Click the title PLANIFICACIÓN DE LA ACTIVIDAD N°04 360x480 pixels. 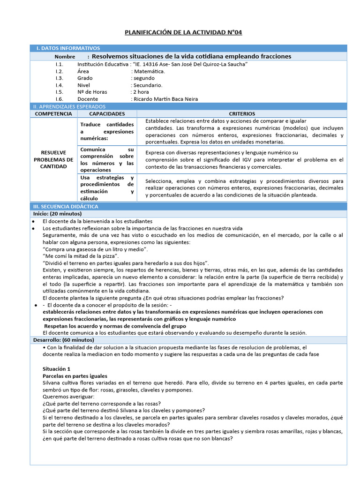(183, 32)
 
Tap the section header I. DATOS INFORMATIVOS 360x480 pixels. (68, 48)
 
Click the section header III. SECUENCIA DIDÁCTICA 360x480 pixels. (65, 206)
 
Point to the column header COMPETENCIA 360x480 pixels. (53, 114)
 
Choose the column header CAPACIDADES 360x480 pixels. (107, 114)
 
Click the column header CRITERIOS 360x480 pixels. (242, 114)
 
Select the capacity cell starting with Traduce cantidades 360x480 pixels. (107, 131)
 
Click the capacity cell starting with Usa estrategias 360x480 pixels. (107, 188)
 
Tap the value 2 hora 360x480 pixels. (141, 92)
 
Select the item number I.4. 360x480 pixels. (59, 85)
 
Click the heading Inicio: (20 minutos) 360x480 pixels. (59, 214)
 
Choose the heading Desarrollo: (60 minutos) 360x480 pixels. (63, 340)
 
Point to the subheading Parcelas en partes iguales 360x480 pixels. (75, 376)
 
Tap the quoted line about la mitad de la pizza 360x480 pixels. (81, 256)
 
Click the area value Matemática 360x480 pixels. (150, 71)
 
